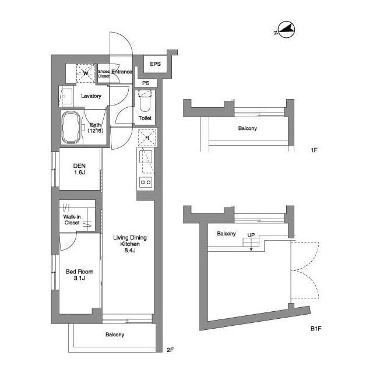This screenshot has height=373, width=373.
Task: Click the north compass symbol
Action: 285,29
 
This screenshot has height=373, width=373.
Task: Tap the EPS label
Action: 155,64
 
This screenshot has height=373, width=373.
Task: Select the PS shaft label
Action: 145,83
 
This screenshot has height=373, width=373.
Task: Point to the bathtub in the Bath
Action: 71,127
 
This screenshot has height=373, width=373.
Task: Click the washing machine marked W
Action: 86,73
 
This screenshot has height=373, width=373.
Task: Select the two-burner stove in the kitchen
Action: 145,182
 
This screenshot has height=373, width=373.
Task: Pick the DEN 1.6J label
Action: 80,169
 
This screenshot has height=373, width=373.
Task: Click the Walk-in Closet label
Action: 72,219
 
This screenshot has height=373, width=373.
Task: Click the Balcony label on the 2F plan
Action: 114,335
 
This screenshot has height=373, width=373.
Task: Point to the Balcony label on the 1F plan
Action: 247,128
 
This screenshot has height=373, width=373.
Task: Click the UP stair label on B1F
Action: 251,235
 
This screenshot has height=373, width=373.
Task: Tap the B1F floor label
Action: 316,329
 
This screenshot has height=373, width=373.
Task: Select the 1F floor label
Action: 314,150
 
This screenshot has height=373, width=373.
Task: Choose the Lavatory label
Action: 92,96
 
